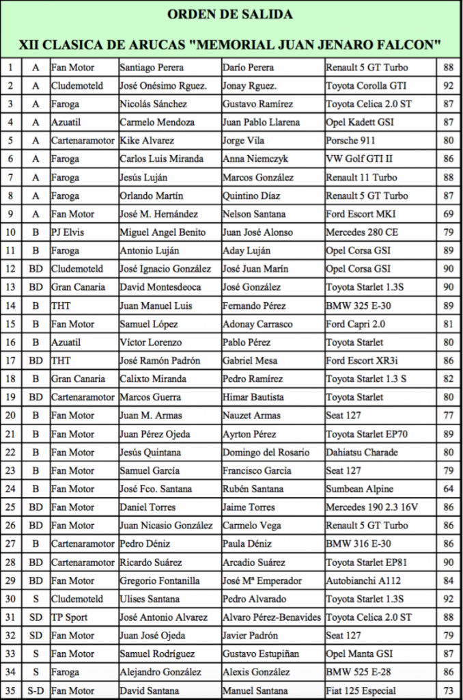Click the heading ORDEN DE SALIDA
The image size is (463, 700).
click(231, 14)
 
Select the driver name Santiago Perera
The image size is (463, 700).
click(151, 68)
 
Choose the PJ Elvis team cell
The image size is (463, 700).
click(68, 232)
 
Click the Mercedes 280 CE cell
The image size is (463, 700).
click(362, 232)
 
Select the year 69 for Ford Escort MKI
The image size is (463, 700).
click(448, 214)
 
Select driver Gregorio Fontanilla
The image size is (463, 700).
click(160, 581)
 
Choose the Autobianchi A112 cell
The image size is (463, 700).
click(363, 581)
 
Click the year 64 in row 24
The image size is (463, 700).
click(448, 489)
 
